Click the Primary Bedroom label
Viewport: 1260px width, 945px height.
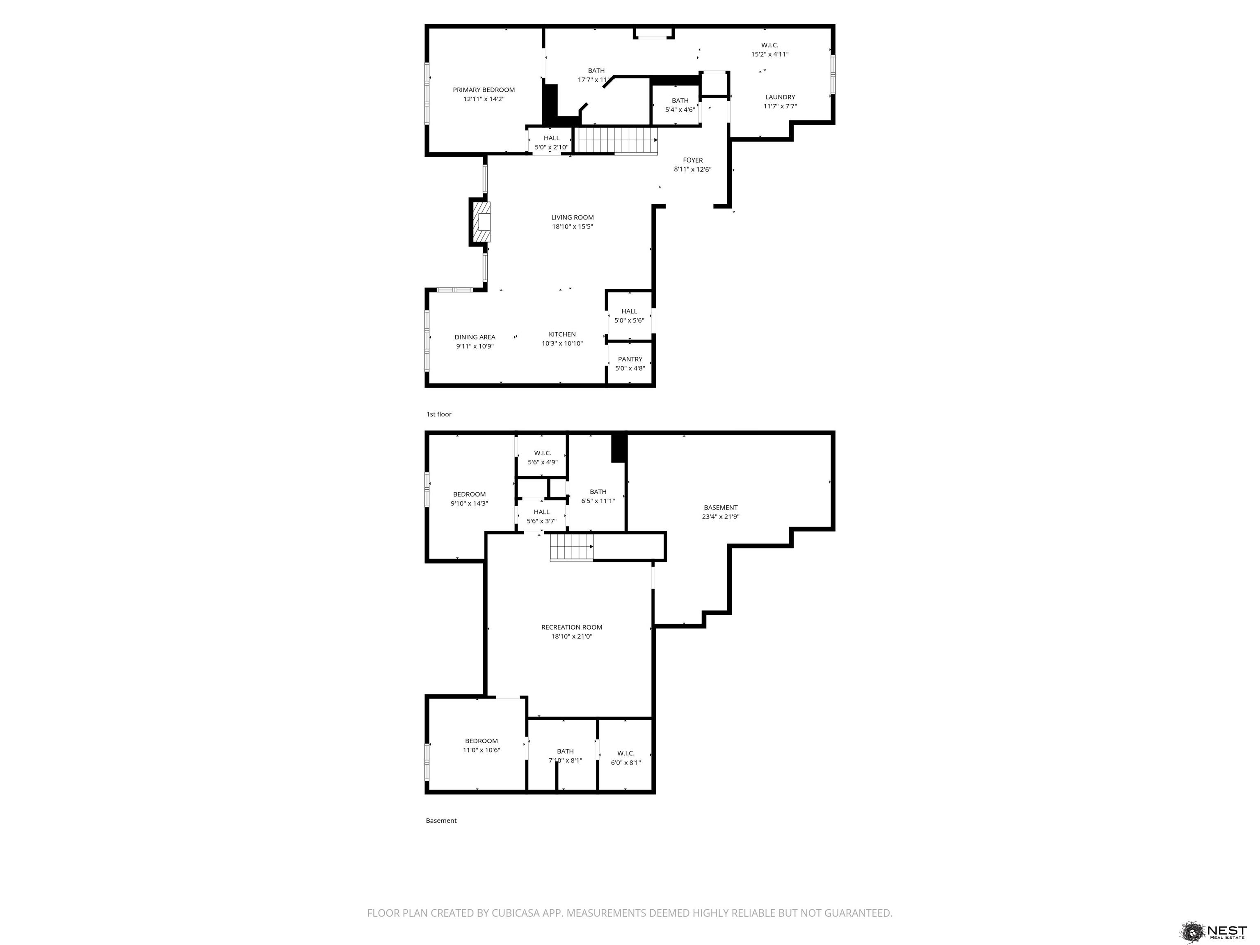[x=484, y=89]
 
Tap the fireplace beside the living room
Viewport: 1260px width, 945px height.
[x=480, y=222]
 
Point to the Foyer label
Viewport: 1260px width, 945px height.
[x=693, y=160]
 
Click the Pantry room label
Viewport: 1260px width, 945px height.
[x=630, y=359]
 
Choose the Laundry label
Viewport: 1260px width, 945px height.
[x=780, y=97]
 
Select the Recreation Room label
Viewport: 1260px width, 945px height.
[x=571, y=627]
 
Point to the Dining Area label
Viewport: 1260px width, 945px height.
[x=475, y=337]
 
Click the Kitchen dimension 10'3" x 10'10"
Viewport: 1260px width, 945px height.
[x=562, y=343]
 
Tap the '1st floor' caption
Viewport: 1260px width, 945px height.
[x=438, y=414]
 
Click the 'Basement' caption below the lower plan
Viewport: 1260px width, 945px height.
[x=441, y=820]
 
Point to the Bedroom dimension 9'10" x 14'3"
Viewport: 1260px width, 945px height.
[x=469, y=504]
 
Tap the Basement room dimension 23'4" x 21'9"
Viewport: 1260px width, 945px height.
[x=721, y=517]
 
